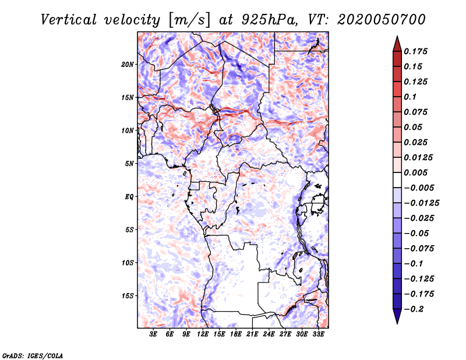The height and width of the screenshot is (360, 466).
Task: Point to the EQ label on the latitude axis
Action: [x=129, y=197]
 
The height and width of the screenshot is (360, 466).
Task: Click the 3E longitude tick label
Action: [x=154, y=334]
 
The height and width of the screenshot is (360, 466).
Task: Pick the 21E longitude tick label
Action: [x=253, y=334]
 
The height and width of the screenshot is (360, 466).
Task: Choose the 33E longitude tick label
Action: [x=319, y=334]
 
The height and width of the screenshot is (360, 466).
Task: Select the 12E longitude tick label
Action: [x=203, y=334]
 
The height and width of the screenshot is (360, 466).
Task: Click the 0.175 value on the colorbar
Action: [x=417, y=51]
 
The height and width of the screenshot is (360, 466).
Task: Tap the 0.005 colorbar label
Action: [x=417, y=172]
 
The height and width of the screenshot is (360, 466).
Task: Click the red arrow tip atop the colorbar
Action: [x=397, y=41]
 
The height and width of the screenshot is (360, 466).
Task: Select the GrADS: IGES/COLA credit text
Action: [x=32, y=355]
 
